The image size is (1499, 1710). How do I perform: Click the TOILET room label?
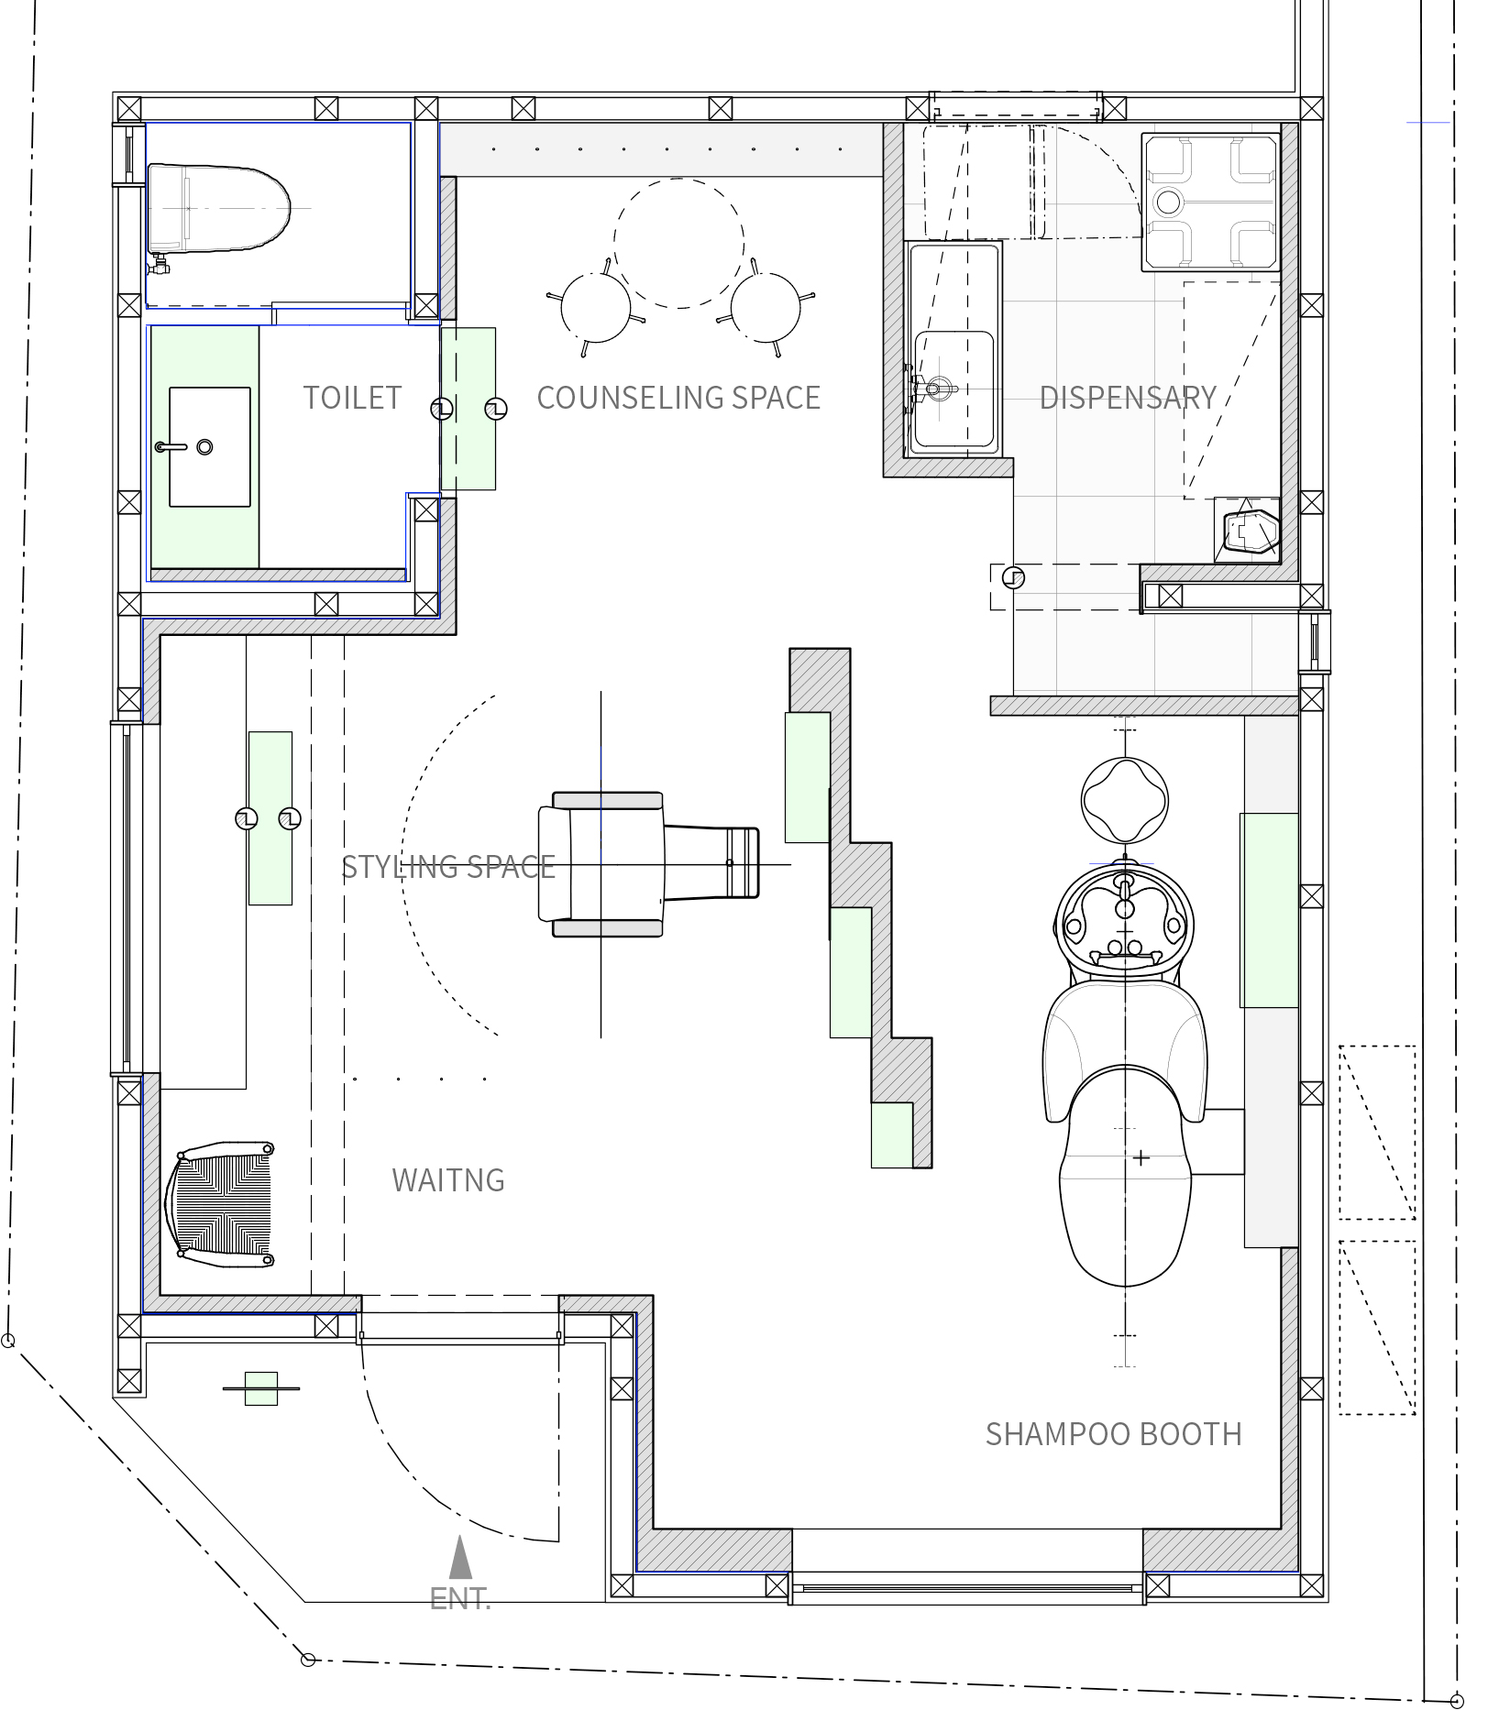click(x=352, y=398)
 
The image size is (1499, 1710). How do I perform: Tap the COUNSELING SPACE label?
click(x=678, y=398)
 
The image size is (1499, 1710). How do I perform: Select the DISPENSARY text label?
click(x=1128, y=398)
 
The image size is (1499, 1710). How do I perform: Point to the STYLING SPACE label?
click(x=448, y=867)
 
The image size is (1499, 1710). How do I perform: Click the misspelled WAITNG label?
click(x=448, y=1180)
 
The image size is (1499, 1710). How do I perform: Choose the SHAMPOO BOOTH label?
click(x=1113, y=1434)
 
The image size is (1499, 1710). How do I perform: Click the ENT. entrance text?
click(x=460, y=1599)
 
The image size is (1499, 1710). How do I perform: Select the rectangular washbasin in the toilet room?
click(x=210, y=447)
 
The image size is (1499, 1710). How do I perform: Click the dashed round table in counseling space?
click(x=678, y=243)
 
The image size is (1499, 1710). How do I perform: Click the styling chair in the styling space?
click(x=647, y=864)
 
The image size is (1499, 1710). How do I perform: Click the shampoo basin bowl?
click(x=1125, y=920)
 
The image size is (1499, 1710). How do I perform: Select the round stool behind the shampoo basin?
click(x=1125, y=799)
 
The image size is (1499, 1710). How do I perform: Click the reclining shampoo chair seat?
click(x=1125, y=1136)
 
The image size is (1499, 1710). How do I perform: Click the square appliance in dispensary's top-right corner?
click(x=1210, y=202)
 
